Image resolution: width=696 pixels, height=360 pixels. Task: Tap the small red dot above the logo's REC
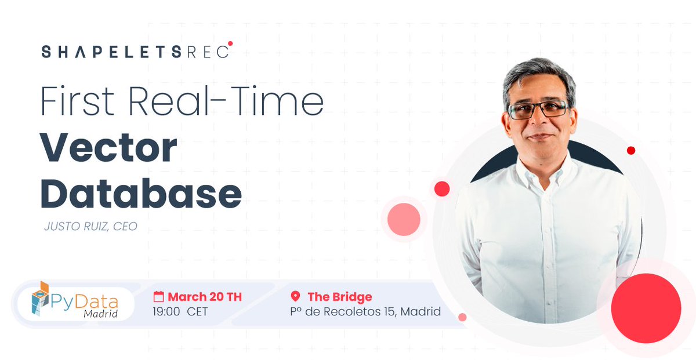point(230,43)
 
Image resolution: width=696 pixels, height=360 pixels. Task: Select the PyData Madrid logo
point(75,300)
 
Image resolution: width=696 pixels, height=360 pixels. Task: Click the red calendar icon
point(158,297)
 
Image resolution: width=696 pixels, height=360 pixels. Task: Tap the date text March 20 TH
point(205,297)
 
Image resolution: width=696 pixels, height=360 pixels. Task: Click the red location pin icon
point(295,297)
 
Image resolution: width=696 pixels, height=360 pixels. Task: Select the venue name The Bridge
point(339,297)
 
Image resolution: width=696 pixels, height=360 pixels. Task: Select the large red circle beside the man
point(646,308)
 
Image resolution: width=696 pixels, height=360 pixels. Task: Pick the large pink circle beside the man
point(404,219)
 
